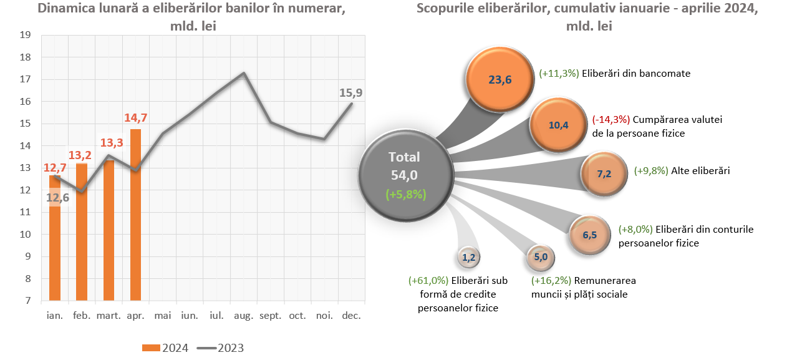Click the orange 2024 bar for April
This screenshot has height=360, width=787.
point(135,215)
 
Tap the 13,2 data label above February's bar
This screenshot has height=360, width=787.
point(82,155)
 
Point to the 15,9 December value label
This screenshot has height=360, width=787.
point(350,93)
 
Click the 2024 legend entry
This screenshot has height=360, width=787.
point(165,348)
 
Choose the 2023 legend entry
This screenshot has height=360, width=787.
point(221,348)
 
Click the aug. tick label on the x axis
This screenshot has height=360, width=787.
point(243,316)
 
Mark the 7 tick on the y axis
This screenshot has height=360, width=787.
point(29,301)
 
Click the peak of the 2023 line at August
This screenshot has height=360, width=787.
point(243,73)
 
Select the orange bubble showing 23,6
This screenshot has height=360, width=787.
point(500,79)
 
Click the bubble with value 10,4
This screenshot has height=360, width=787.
point(558,125)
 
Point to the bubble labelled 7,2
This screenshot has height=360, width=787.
point(604,174)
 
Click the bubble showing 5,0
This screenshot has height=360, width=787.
point(541,256)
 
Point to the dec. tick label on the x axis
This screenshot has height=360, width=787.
point(351,316)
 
